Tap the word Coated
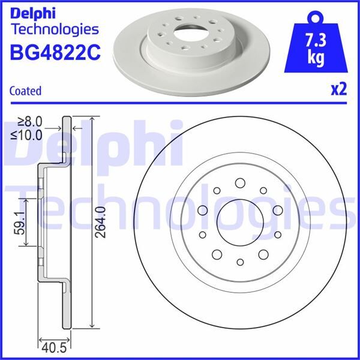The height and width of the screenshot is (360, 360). [x=26, y=91]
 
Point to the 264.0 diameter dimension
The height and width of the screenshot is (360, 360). [x=100, y=224]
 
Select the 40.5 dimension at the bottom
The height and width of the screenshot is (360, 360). [x=54, y=346]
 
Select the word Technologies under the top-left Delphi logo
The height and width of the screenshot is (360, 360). [x=55, y=29]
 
